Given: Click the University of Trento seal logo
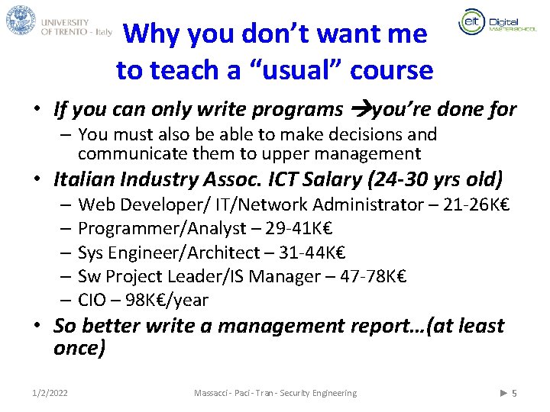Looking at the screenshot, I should [x=21, y=21].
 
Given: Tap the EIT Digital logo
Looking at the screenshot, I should [x=489, y=22].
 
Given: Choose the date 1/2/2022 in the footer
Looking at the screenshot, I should [x=50, y=393].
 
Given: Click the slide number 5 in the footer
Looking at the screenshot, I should [x=514, y=393].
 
